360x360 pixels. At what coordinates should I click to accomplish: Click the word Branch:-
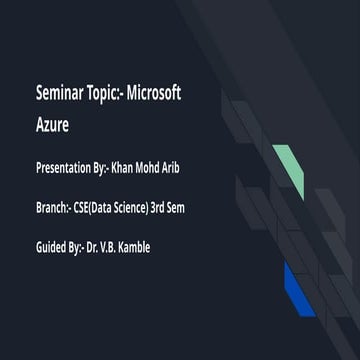coord(52,207)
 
